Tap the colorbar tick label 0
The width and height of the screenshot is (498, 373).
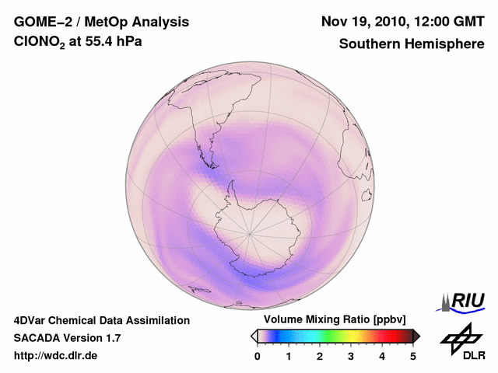point(258,356)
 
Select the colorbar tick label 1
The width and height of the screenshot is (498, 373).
point(289,356)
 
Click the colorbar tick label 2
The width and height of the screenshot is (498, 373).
point(320,356)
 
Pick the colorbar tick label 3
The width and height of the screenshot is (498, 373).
point(351,356)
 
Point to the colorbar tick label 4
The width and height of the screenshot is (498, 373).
point(382,356)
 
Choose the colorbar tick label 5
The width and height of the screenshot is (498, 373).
point(413,356)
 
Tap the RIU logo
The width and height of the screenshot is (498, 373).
point(464,301)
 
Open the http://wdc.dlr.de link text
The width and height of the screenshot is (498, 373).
point(56,356)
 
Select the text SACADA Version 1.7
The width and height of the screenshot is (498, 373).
point(67,338)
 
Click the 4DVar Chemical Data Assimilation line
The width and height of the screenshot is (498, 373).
point(101,320)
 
